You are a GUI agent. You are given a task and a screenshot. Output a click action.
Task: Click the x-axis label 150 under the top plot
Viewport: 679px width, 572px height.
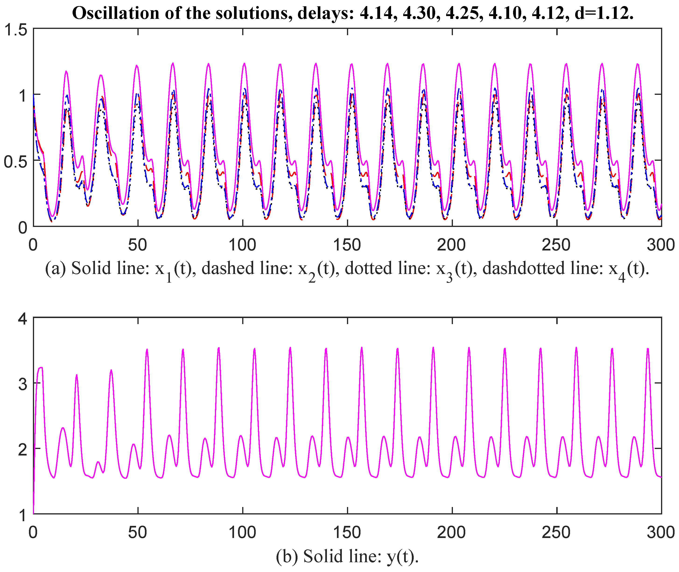click(347, 245)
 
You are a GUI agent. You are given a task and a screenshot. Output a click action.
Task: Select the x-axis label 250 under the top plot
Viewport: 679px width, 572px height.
click(556, 245)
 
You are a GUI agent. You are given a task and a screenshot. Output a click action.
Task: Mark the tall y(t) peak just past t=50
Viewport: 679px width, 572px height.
click(147, 349)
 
